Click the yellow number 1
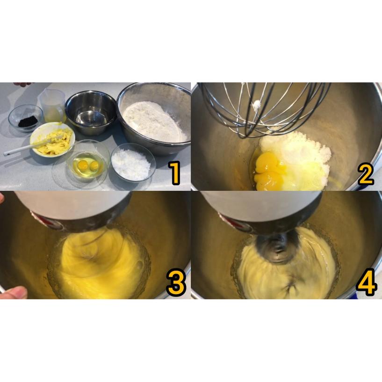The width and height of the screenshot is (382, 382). coord(174,172)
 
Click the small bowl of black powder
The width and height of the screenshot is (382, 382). coord(27,120)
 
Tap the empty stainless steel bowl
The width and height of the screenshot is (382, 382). coord(91,111)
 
